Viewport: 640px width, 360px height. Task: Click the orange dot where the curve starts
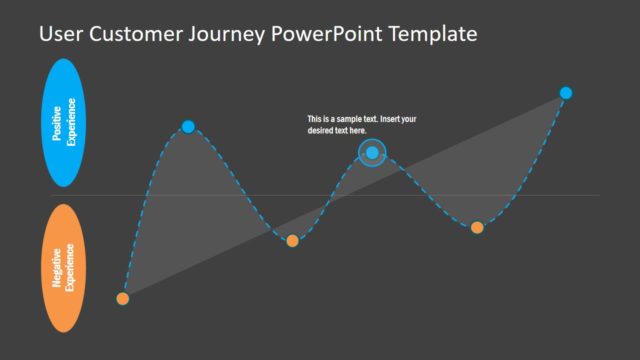coord(123,298)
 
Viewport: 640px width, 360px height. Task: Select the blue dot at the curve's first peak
coord(188,126)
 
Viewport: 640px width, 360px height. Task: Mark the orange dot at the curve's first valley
coord(292,240)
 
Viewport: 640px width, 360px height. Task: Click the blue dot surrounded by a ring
coord(372,152)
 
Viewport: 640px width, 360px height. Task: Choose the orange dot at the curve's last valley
coord(477,227)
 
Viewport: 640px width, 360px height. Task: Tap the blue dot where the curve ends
coord(566,93)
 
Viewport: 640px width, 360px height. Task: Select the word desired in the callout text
coord(322,130)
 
